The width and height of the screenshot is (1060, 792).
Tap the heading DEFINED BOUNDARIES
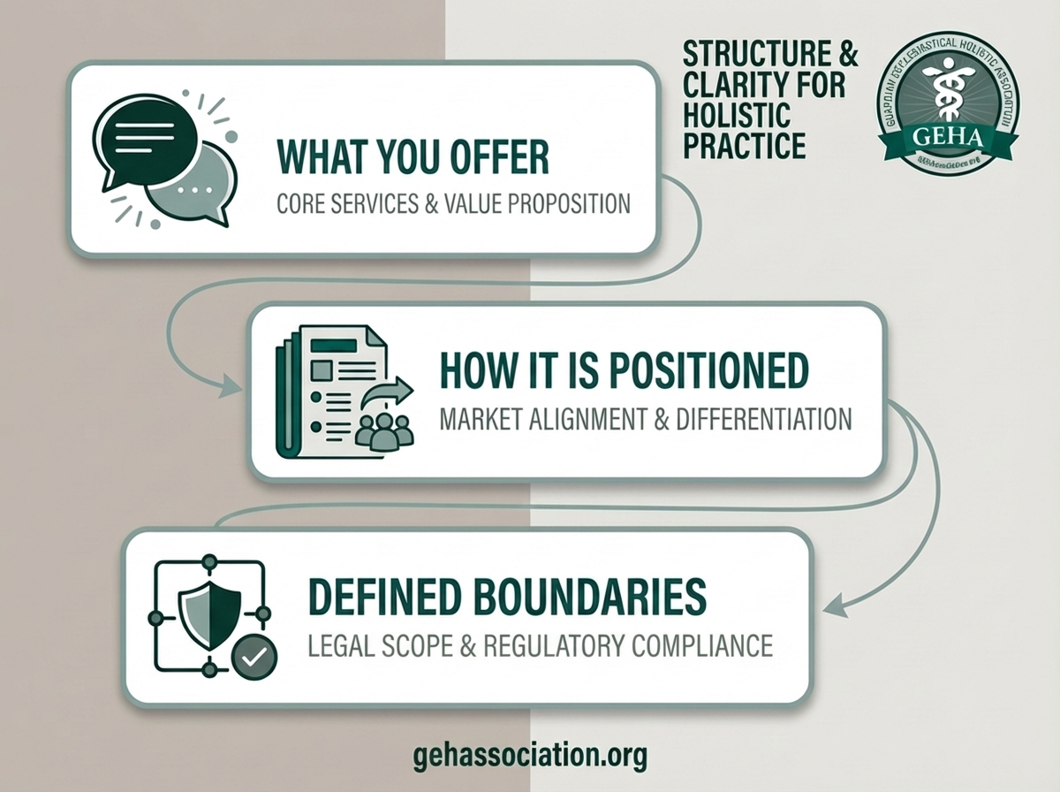coord(506,597)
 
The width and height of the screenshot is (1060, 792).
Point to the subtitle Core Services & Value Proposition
coord(453,203)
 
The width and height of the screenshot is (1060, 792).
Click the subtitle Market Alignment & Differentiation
coord(645,418)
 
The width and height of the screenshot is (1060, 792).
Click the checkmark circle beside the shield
coord(254,657)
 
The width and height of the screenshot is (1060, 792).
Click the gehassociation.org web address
coord(529,756)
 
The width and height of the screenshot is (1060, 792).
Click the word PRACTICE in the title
coord(745,144)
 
